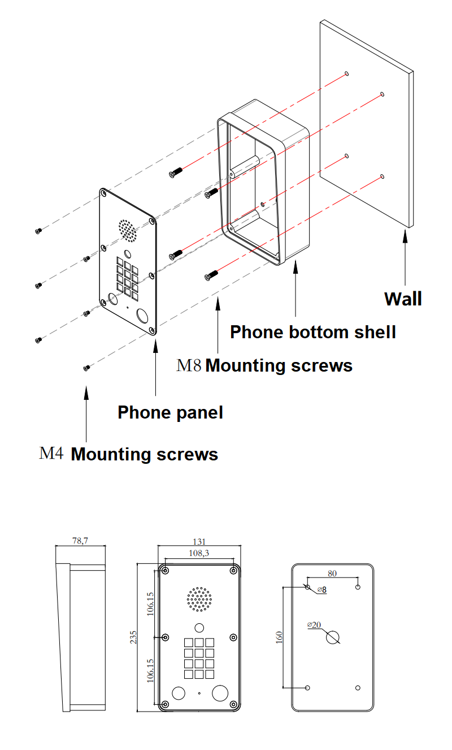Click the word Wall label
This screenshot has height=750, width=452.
(x=403, y=299)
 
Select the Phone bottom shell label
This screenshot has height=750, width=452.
(x=312, y=332)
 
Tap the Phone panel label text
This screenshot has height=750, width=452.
(x=170, y=412)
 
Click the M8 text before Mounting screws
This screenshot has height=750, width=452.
(x=189, y=365)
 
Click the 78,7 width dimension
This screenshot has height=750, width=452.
(x=81, y=541)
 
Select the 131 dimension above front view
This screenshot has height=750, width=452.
(x=199, y=541)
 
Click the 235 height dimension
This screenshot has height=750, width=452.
(x=133, y=637)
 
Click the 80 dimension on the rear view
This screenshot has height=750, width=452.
(x=332, y=573)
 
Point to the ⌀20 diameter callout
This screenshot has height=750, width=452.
(x=314, y=624)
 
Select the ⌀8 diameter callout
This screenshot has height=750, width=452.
(x=321, y=589)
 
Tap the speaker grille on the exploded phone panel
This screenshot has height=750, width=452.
(x=127, y=229)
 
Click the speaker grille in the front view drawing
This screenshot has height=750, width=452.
(x=199, y=599)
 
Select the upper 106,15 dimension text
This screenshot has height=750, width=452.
(x=150, y=604)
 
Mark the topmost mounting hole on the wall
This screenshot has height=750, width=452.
(x=346, y=74)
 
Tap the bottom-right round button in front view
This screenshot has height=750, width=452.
(x=219, y=692)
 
